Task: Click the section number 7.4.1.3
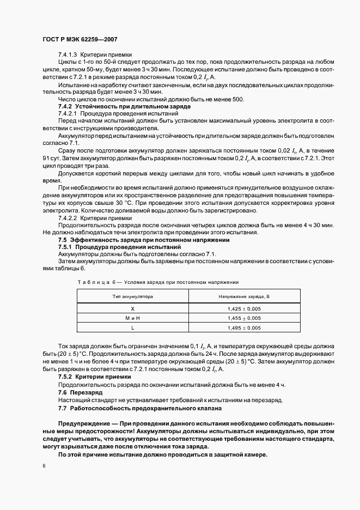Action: tap(68, 55)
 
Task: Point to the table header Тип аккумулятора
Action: tap(132, 296)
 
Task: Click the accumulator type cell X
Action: tap(132, 308)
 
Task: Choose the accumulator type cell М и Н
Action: tap(132, 318)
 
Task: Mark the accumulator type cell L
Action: tap(132, 328)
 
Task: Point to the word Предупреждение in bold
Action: tap(83, 423)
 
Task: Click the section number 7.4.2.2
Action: tap(68, 217)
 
